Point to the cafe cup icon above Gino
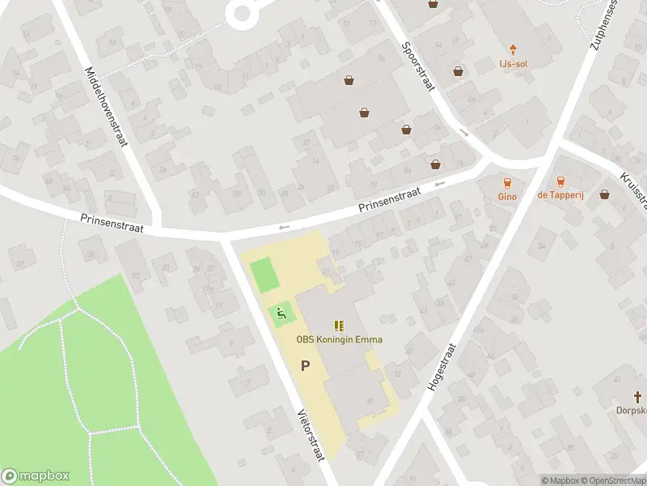pos(507,182)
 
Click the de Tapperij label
pos(560,195)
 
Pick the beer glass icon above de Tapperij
pos(560,182)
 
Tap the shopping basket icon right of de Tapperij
pos(605,194)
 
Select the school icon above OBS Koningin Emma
pos(339,326)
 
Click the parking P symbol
pos(306,365)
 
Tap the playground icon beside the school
pos(281,313)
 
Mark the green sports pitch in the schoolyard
pos(265,275)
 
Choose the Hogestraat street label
pos(442,367)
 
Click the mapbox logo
pos(36,476)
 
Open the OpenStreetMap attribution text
pos(612,480)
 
